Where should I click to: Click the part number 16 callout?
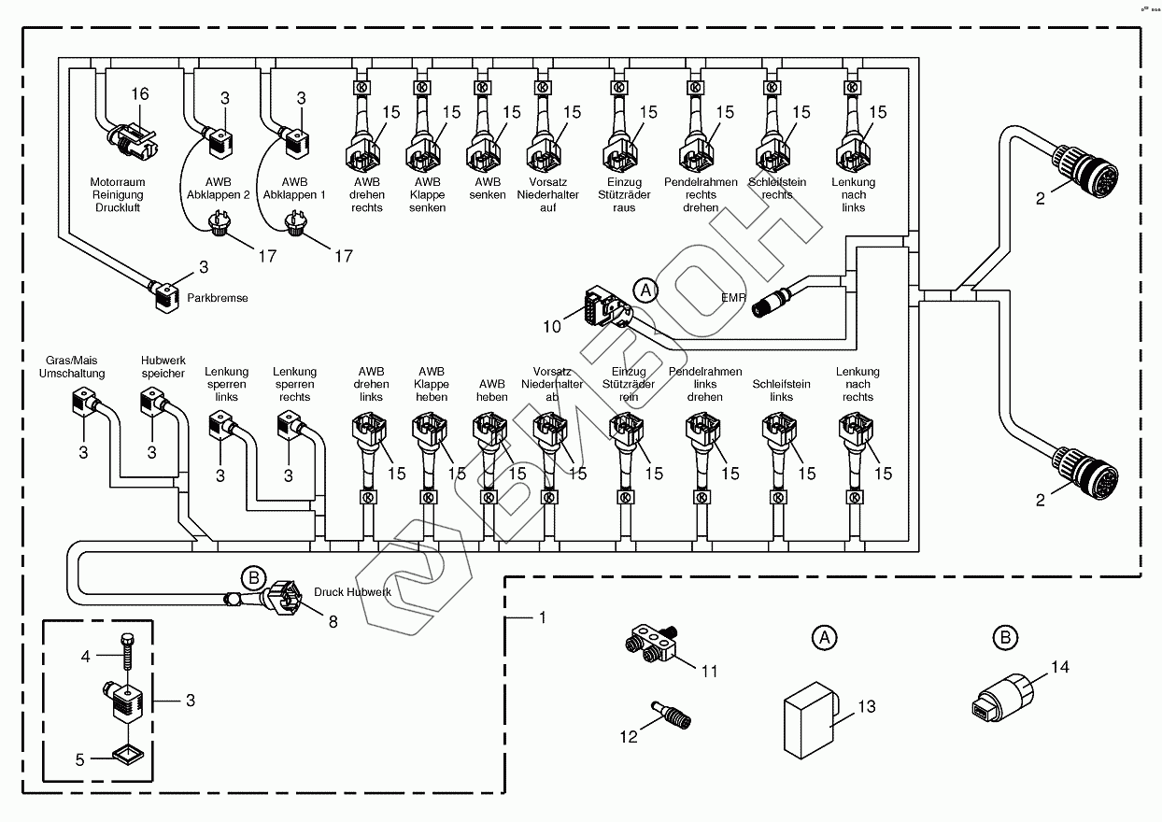coord(139,94)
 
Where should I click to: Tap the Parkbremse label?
coord(218,298)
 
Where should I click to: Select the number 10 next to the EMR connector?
coord(552,327)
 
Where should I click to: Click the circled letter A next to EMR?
coord(645,290)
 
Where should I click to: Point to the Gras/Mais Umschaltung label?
coord(72,366)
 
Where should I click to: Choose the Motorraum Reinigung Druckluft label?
coord(114,194)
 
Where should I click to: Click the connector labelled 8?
coord(285,598)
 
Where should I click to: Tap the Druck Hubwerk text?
coord(352,592)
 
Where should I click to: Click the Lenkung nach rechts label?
coord(857,384)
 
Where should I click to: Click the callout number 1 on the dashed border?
coord(541,618)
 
